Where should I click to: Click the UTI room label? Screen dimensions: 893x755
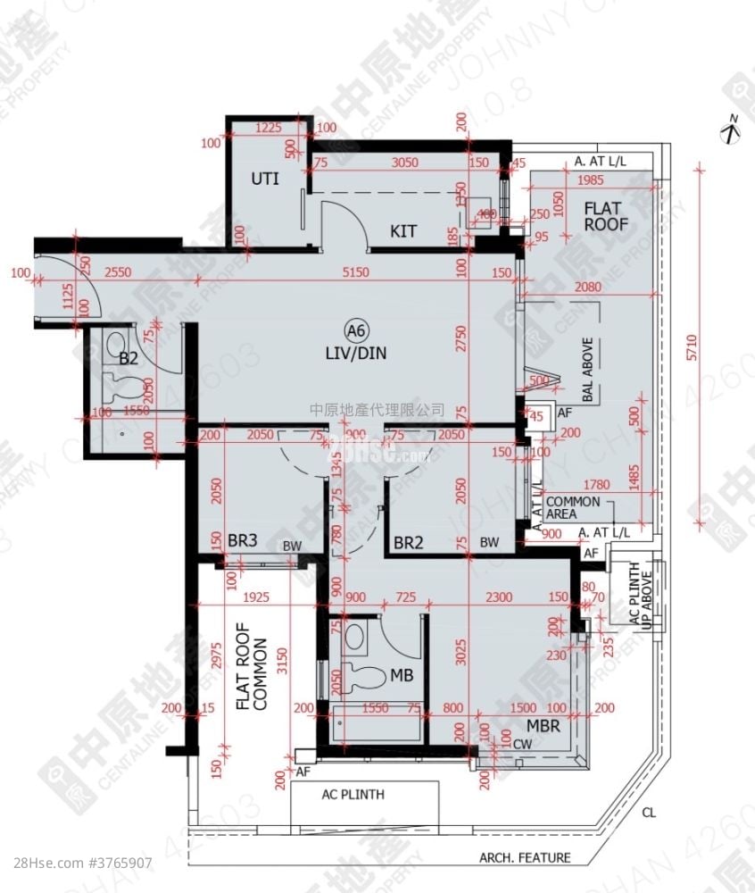[x=264, y=179]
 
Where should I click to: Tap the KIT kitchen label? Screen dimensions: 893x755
[x=403, y=232]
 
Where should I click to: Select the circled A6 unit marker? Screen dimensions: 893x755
[x=356, y=332]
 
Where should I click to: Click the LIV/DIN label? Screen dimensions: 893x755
[x=356, y=353]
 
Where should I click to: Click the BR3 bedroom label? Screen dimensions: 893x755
[x=243, y=541]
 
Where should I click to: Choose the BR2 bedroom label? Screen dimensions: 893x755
[x=408, y=542]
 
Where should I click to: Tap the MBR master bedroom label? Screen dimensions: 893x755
[x=543, y=726]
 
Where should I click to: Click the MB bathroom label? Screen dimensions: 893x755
[x=401, y=677]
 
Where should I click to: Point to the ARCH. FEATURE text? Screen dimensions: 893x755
[x=525, y=858]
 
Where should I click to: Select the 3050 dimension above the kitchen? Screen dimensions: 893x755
[x=405, y=163]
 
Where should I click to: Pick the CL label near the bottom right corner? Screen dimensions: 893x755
[x=648, y=813]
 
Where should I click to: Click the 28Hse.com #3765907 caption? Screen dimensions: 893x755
[x=77, y=864]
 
